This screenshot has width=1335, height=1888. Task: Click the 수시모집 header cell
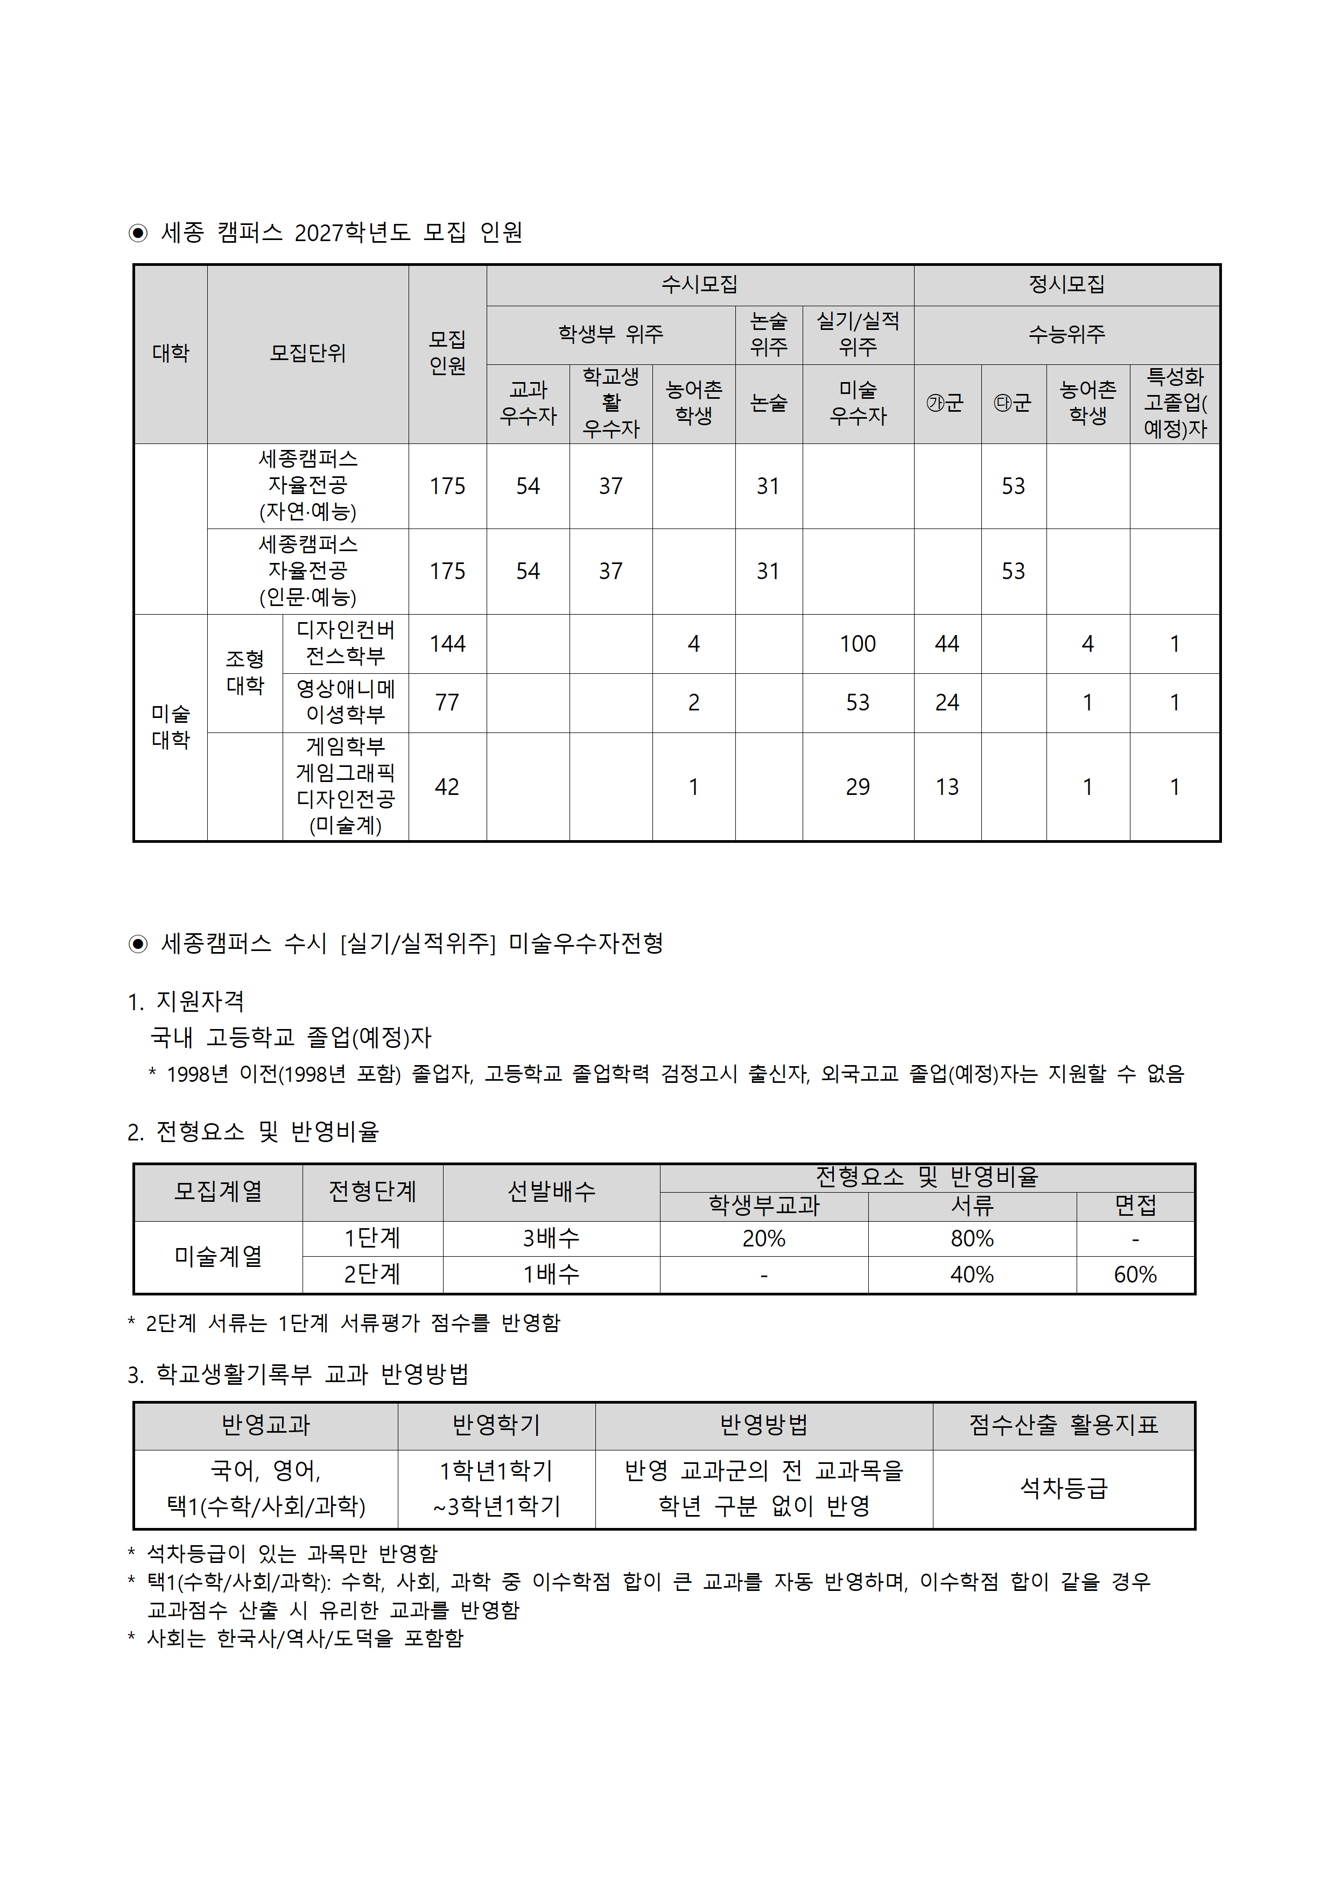tap(699, 285)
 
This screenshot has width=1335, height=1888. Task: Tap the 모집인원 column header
tap(447, 353)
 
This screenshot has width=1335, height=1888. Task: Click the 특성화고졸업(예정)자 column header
tap(1175, 403)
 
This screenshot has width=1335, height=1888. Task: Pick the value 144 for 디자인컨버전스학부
tap(447, 644)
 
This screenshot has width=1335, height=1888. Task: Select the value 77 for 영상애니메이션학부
tap(447, 703)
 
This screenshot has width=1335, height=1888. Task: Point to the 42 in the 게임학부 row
tap(447, 787)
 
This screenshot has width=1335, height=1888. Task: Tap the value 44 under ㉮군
tap(947, 644)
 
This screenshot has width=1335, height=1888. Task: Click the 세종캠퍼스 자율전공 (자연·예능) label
tap(307, 486)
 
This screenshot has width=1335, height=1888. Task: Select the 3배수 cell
tap(551, 1238)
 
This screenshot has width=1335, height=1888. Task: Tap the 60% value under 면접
tap(1135, 1274)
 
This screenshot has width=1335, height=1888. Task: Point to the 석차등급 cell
tap(1064, 1488)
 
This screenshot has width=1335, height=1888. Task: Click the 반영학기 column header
tap(496, 1425)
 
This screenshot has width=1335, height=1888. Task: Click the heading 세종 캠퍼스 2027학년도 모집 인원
tap(341, 233)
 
